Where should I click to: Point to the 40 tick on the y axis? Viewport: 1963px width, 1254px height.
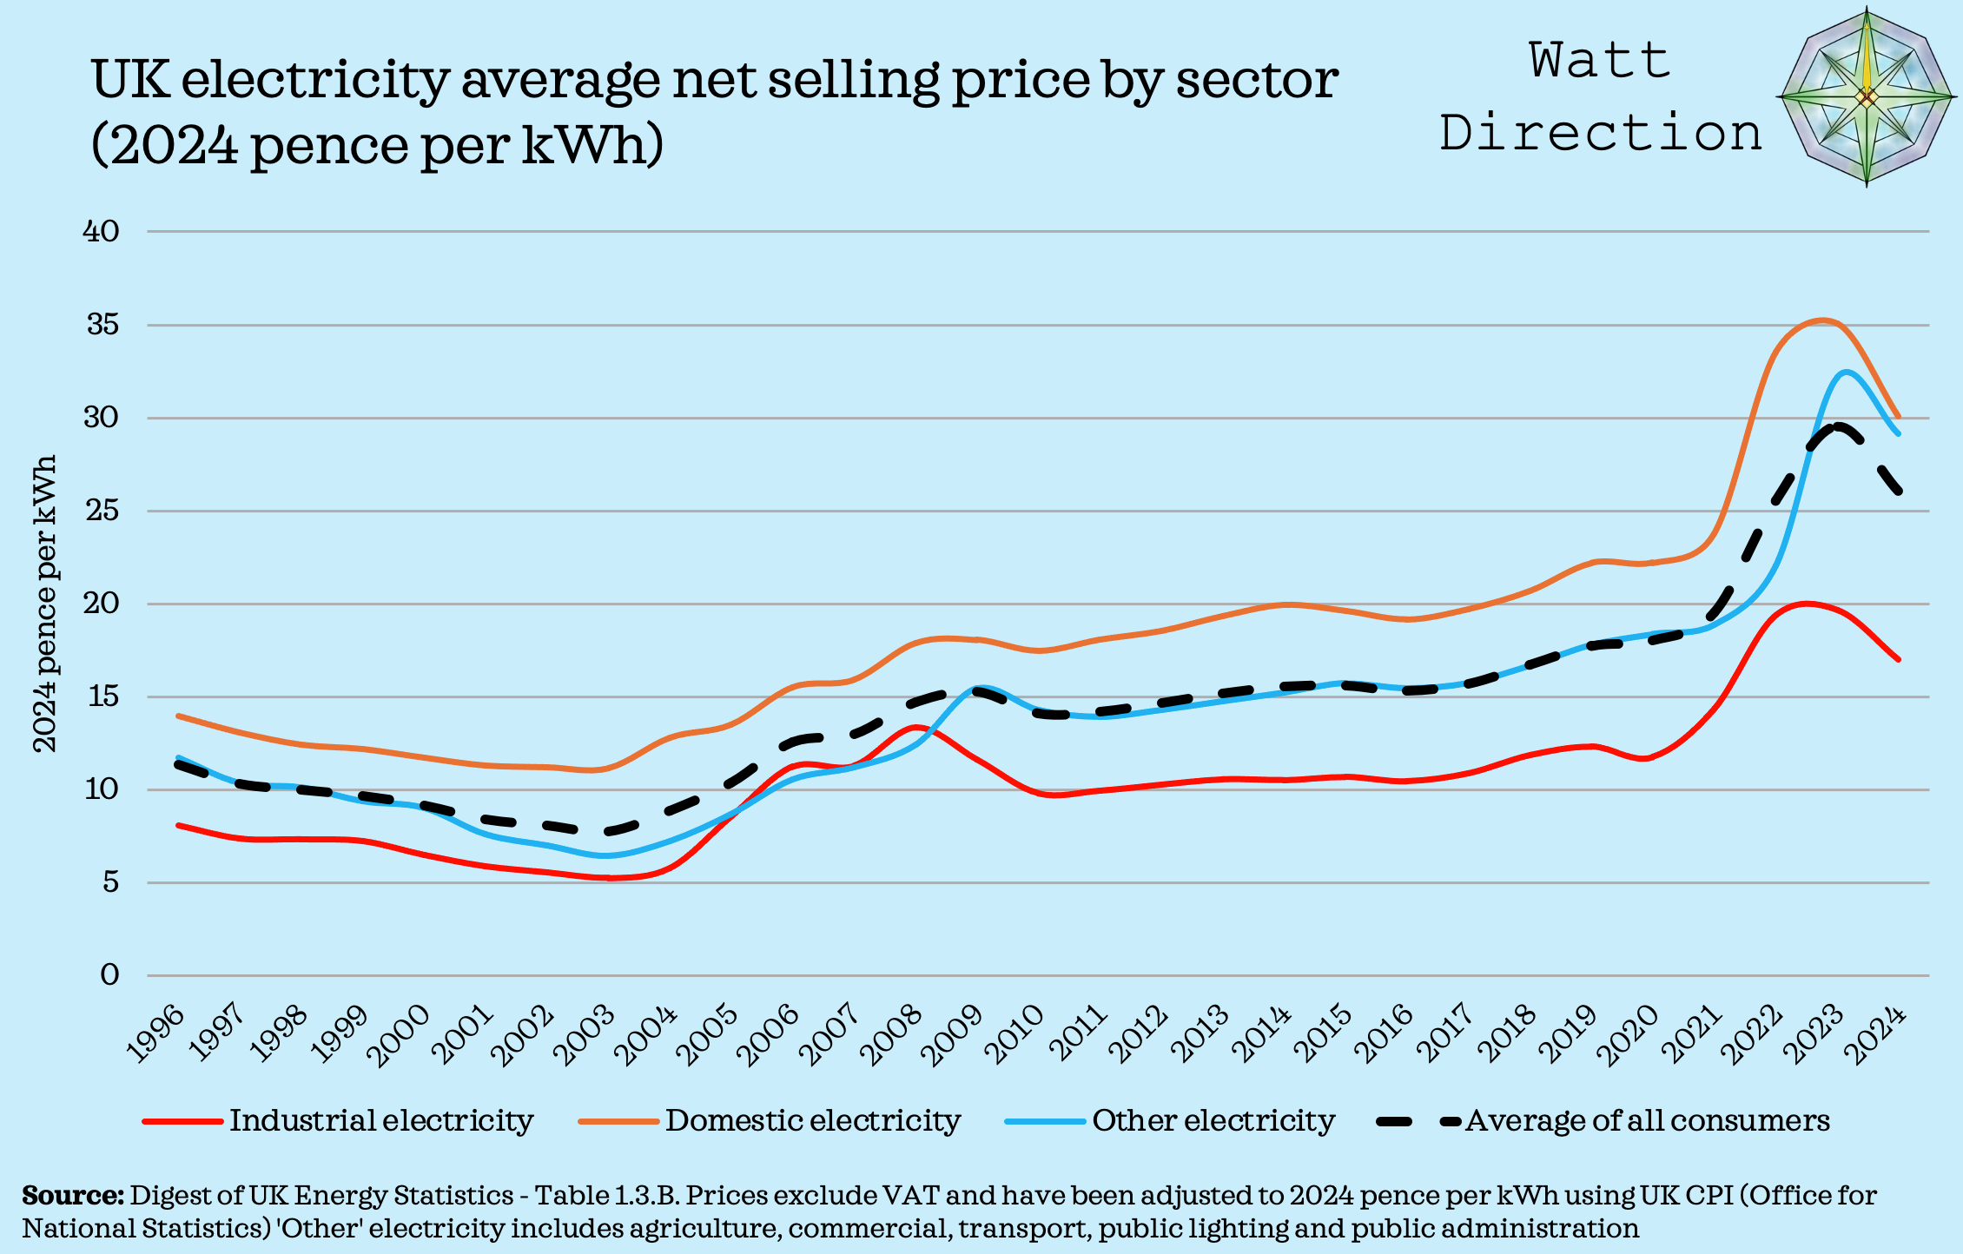point(101,231)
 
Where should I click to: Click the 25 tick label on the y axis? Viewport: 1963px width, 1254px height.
point(101,511)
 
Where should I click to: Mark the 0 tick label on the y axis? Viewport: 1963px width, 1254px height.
point(109,975)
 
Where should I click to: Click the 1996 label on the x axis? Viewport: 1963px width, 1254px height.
point(157,1033)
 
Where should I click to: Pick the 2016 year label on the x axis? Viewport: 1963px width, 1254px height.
point(1386,1033)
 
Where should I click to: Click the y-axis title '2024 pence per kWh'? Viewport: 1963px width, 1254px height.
point(44,604)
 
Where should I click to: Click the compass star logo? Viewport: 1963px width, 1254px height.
point(1867,97)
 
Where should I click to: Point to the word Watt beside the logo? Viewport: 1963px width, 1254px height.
point(1600,61)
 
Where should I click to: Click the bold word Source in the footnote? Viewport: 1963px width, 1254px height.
point(73,1196)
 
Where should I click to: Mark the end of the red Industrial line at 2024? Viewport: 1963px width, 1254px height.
point(1899,659)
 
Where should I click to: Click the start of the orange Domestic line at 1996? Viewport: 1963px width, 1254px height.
point(178,716)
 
